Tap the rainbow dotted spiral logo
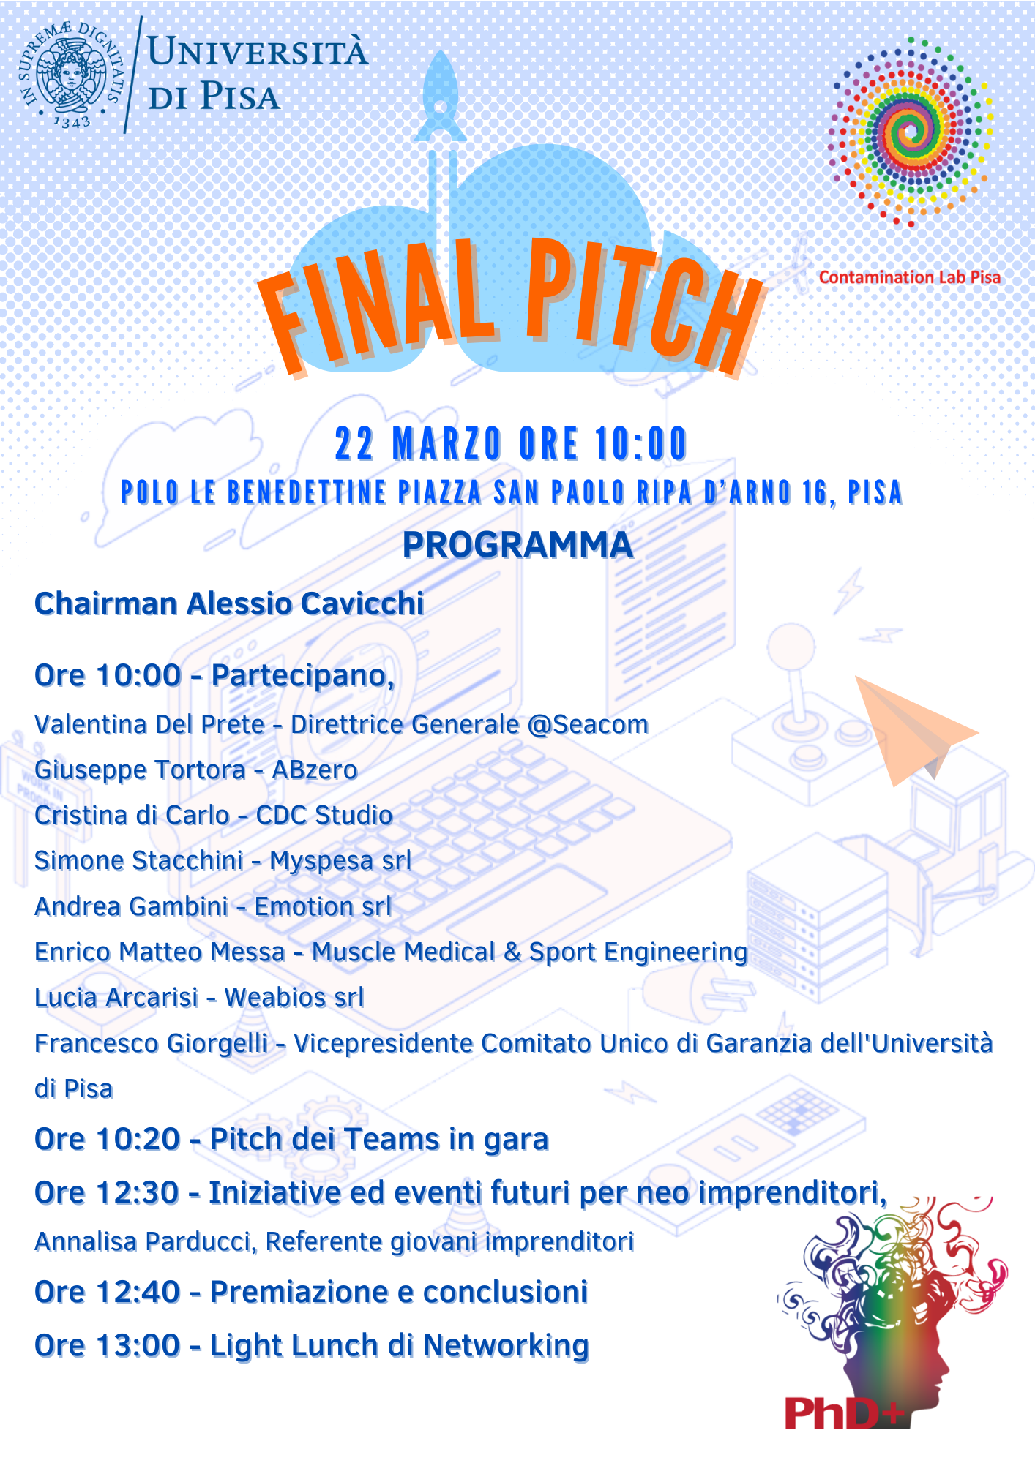coord(910,132)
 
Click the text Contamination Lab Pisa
coord(909,277)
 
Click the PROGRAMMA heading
coord(517,545)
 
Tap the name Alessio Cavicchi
coord(305,604)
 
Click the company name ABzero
coord(315,770)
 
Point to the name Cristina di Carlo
coord(132,816)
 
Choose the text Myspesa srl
coord(340,861)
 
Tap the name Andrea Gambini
coord(132,907)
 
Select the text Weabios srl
coord(294,998)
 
